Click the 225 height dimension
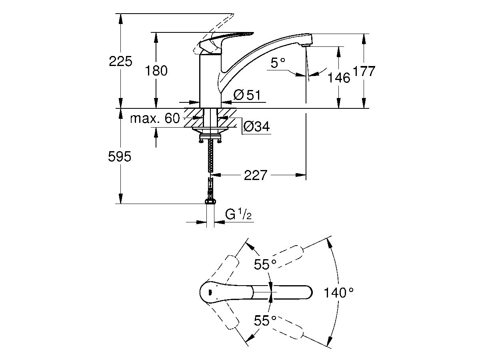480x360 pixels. click(x=120, y=61)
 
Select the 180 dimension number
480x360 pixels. click(x=156, y=71)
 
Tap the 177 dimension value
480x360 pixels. click(x=364, y=71)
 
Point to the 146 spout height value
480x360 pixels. click(x=339, y=78)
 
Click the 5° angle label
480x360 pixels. click(x=278, y=63)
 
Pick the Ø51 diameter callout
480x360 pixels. click(x=247, y=95)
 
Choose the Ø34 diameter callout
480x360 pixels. click(x=256, y=126)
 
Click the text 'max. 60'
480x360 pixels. click(x=155, y=118)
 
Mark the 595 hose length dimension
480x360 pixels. click(x=120, y=156)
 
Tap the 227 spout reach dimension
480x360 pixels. click(x=256, y=175)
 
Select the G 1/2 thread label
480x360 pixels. click(x=238, y=214)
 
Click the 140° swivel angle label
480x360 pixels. click(x=338, y=293)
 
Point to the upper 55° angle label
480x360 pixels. click(x=265, y=264)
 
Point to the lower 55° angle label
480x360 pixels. click(x=265, y=321)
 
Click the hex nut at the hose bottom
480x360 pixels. click(x=210, y=201)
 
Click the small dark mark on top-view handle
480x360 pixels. click(x=210, y=292)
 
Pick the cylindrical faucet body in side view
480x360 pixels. click(x=210, y=81)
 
